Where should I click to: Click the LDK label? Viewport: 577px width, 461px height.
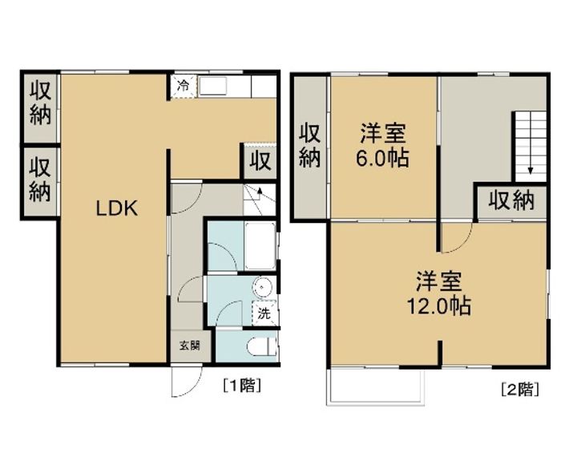tap(117, 208)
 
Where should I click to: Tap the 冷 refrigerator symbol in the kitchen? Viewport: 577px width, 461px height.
tap(184, 87)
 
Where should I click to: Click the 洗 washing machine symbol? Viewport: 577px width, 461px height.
tap(264, 313)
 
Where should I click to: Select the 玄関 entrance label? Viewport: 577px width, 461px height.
tap(190, 346)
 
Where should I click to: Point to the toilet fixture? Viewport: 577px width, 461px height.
tap(262, 347)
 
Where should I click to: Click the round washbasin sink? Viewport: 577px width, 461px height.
tap(262, 286)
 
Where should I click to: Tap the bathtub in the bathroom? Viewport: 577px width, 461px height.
tap(260, 245)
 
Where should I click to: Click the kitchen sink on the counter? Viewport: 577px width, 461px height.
tap(212, 87)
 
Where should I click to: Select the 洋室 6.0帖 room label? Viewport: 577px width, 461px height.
tap(382, 146)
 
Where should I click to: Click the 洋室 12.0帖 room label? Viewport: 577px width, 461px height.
tap(438, 293)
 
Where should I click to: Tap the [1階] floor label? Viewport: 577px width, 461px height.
tap(242, 386)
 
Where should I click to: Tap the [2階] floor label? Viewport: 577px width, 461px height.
tap(520, 389)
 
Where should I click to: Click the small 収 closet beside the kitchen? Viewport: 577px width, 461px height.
tap(260, 160)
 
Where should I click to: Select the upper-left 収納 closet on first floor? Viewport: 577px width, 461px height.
tap(40, 107)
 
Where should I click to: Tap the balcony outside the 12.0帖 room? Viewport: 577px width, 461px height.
tap(377, 386)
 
